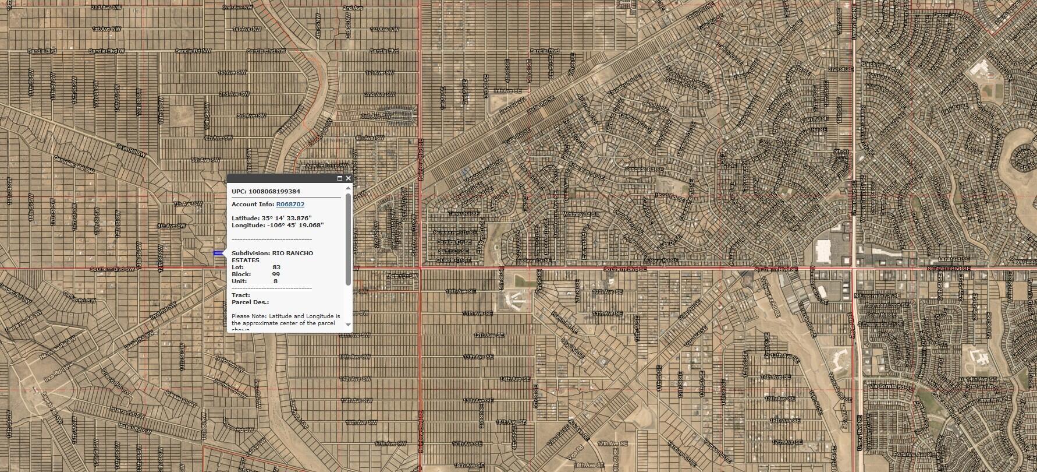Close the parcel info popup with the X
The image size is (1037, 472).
pyautogui.click(x=348, y=178)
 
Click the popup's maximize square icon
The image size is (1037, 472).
pyautogui.click(x=340, y=178)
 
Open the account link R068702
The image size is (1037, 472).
pyautogui.click(x=290, y=205)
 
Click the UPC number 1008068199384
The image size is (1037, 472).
pyautogui.click(x=274, y=191)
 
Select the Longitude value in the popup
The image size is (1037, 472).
pyautogui.click(x=294, y=225)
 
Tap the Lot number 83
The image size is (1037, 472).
pyautogui.click(x=276, y=267)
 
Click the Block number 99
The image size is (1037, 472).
pyautogui.click(x=276, y=274)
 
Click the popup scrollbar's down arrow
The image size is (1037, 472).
pyautogui.click(x=349, y=324)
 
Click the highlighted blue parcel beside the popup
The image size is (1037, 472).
pyautogui.click(x=218, y=253)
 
